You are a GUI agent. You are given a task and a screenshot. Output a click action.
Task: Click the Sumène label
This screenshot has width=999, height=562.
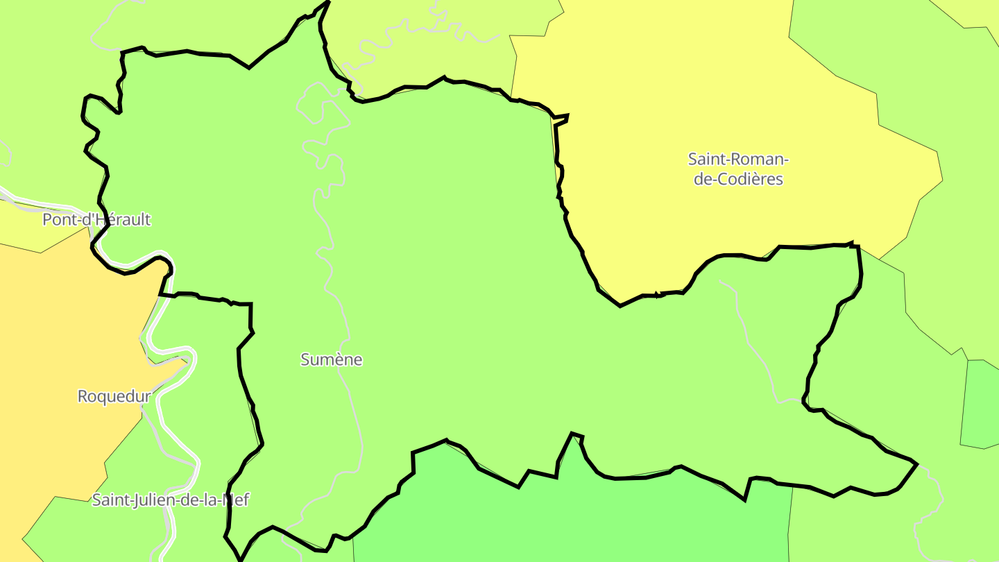click(331, 359)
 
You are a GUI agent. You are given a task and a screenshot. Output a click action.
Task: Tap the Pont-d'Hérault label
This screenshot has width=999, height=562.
click(96, 220)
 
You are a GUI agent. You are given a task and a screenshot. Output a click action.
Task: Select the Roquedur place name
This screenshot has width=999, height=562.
click(114, 396)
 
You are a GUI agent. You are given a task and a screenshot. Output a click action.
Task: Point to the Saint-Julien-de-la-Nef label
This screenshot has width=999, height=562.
click(171, 500)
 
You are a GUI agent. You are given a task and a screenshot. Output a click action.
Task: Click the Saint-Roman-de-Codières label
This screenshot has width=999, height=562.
click(738, 169)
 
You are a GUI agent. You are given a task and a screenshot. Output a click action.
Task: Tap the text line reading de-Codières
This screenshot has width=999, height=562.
click(738, 179)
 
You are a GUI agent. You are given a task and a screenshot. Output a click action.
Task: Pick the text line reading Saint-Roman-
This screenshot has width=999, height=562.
click(738, 159)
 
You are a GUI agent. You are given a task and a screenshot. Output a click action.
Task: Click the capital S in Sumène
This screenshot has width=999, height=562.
click(305, 359)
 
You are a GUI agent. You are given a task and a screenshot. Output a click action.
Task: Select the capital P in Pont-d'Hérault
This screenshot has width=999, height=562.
click(47, 220)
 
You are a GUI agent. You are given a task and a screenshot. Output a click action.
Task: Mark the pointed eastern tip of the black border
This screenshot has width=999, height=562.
click(916, 464)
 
